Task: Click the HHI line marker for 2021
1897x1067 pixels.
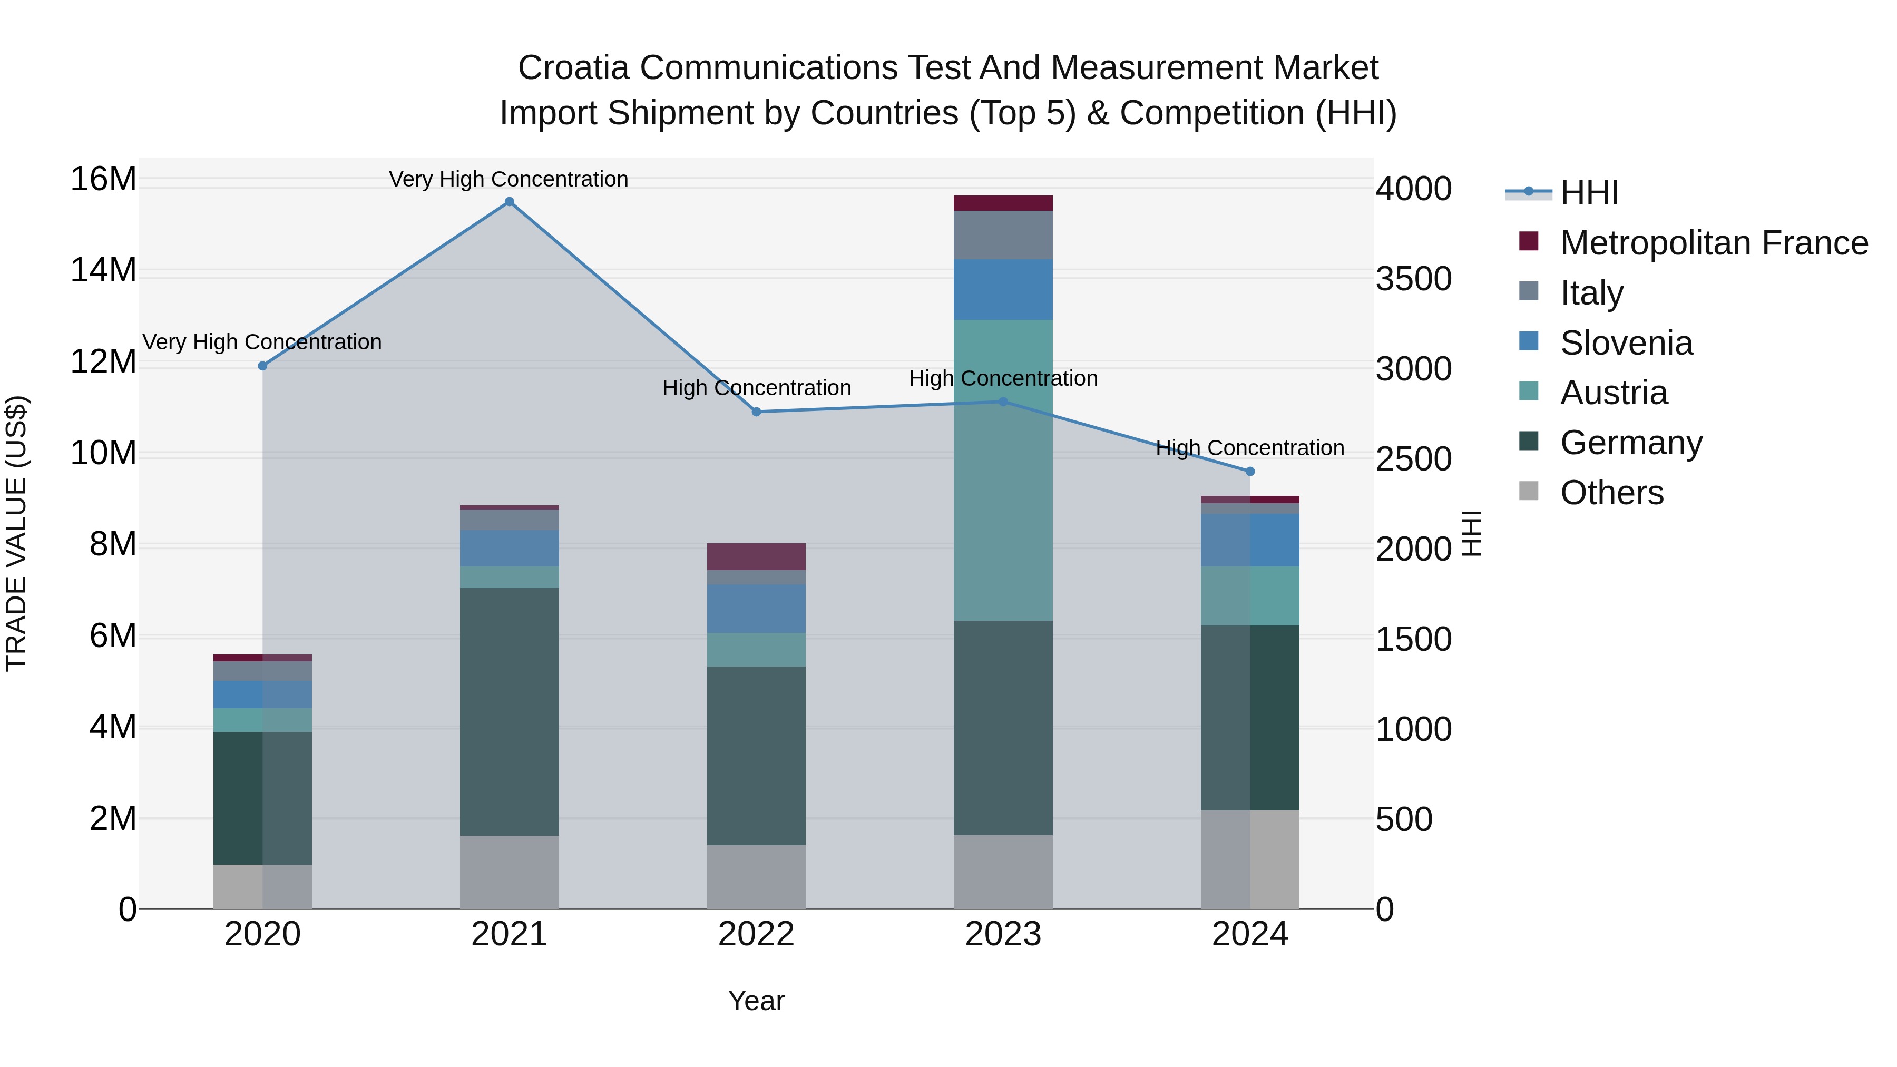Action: (x=509, y=202)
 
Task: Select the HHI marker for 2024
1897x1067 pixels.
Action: (x=1250, y=471)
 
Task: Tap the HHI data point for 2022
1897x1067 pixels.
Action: (x=756, y=412)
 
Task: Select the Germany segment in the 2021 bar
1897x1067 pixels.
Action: (x=509, y=711)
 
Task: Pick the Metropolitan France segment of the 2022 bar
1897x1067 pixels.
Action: (x=756, y=557)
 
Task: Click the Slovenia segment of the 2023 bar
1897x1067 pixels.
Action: (x=1003, y=289)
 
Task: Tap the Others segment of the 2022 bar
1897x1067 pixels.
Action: (x=756, y=876)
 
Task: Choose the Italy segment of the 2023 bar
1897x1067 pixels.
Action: (x=1003, y=235)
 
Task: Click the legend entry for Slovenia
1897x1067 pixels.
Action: (x=1626, y=343)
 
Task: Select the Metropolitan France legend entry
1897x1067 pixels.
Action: (x=1714, y=243)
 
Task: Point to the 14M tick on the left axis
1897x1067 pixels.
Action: (x=103, y=270)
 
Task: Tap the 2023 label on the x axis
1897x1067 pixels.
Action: (x=1003, y=934)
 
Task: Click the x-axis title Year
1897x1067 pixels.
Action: (x=756, y=1001)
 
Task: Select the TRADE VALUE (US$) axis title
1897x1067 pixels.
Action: (x=16, y=533)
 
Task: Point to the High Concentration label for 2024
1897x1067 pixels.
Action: (x=1250, y=448)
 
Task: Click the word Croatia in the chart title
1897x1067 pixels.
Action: (x=574, y=68)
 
